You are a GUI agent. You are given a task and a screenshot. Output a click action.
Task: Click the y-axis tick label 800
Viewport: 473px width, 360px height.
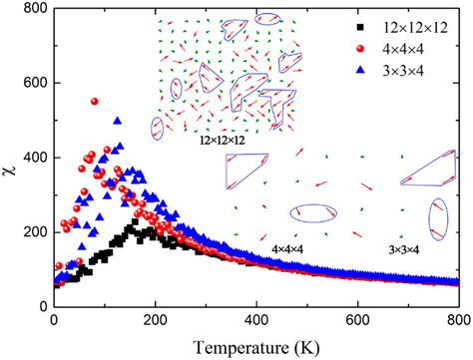pyautogui.click(x=33, y=11)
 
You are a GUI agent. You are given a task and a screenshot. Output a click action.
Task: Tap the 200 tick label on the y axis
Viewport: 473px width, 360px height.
pyautogui.click(x=33, y=232)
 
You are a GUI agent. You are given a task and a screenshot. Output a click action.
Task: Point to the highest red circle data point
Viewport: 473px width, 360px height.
pyautogui.click(x=95, y=102)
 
